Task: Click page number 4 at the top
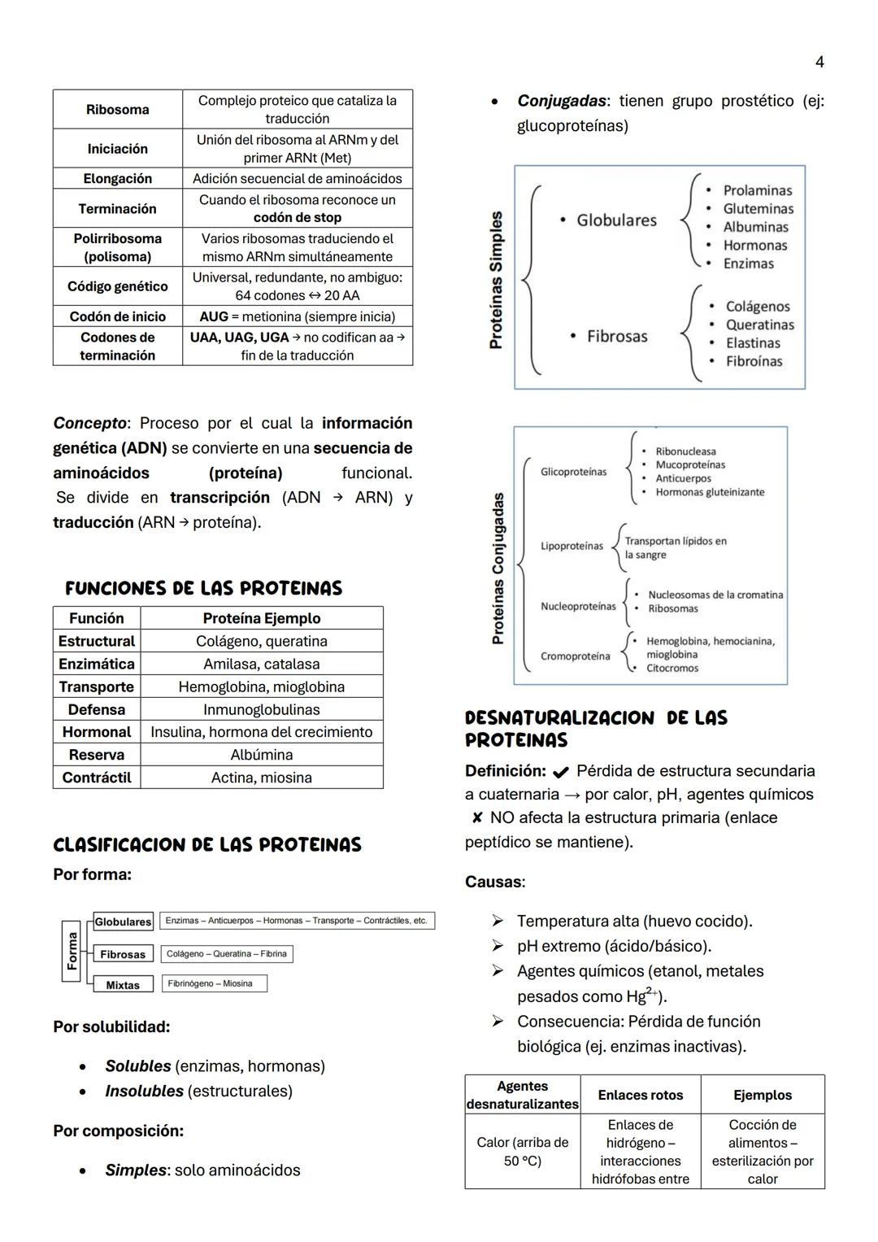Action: pyautogui.click(x=819, y=62)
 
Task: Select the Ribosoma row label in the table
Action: pyautogui.click(x=118, y=110)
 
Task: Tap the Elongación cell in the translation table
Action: pyautogui.click(x=118, y=178)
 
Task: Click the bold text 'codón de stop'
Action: pyautogui.click(x=298, y=217)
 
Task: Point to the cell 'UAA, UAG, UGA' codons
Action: pyautogui.click(x=239, y=337)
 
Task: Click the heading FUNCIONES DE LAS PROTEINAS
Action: pyautogui.click(x=203, y=588)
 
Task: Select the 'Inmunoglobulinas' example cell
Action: pyautogui.click(x=261, y=709)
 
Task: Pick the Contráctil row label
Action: pyautogui.click(x=97, y=778)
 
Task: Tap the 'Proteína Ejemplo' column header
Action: pyautogui.click(x=261, y=618)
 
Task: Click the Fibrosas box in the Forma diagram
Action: pyautogui.click(x=123, y=954)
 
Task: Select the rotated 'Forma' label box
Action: pyautogui.click(x=72, y=951)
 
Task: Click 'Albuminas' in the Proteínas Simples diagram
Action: pyautogui.click(x=755, y=227)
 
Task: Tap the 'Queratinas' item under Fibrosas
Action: pyautogui.click(x=759, y=325)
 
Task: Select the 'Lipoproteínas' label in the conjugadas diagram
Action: pyautogui.click(x=572, y=546)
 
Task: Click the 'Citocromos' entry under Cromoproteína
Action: pyautogui.click(x=672, y=668)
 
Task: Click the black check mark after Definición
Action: pyautogui.click(x=560, y=771)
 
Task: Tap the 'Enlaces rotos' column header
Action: pyautogui.click(x=640, y=1095)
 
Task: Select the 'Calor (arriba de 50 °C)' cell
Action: pyautogui.click(x=522, y=1151)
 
